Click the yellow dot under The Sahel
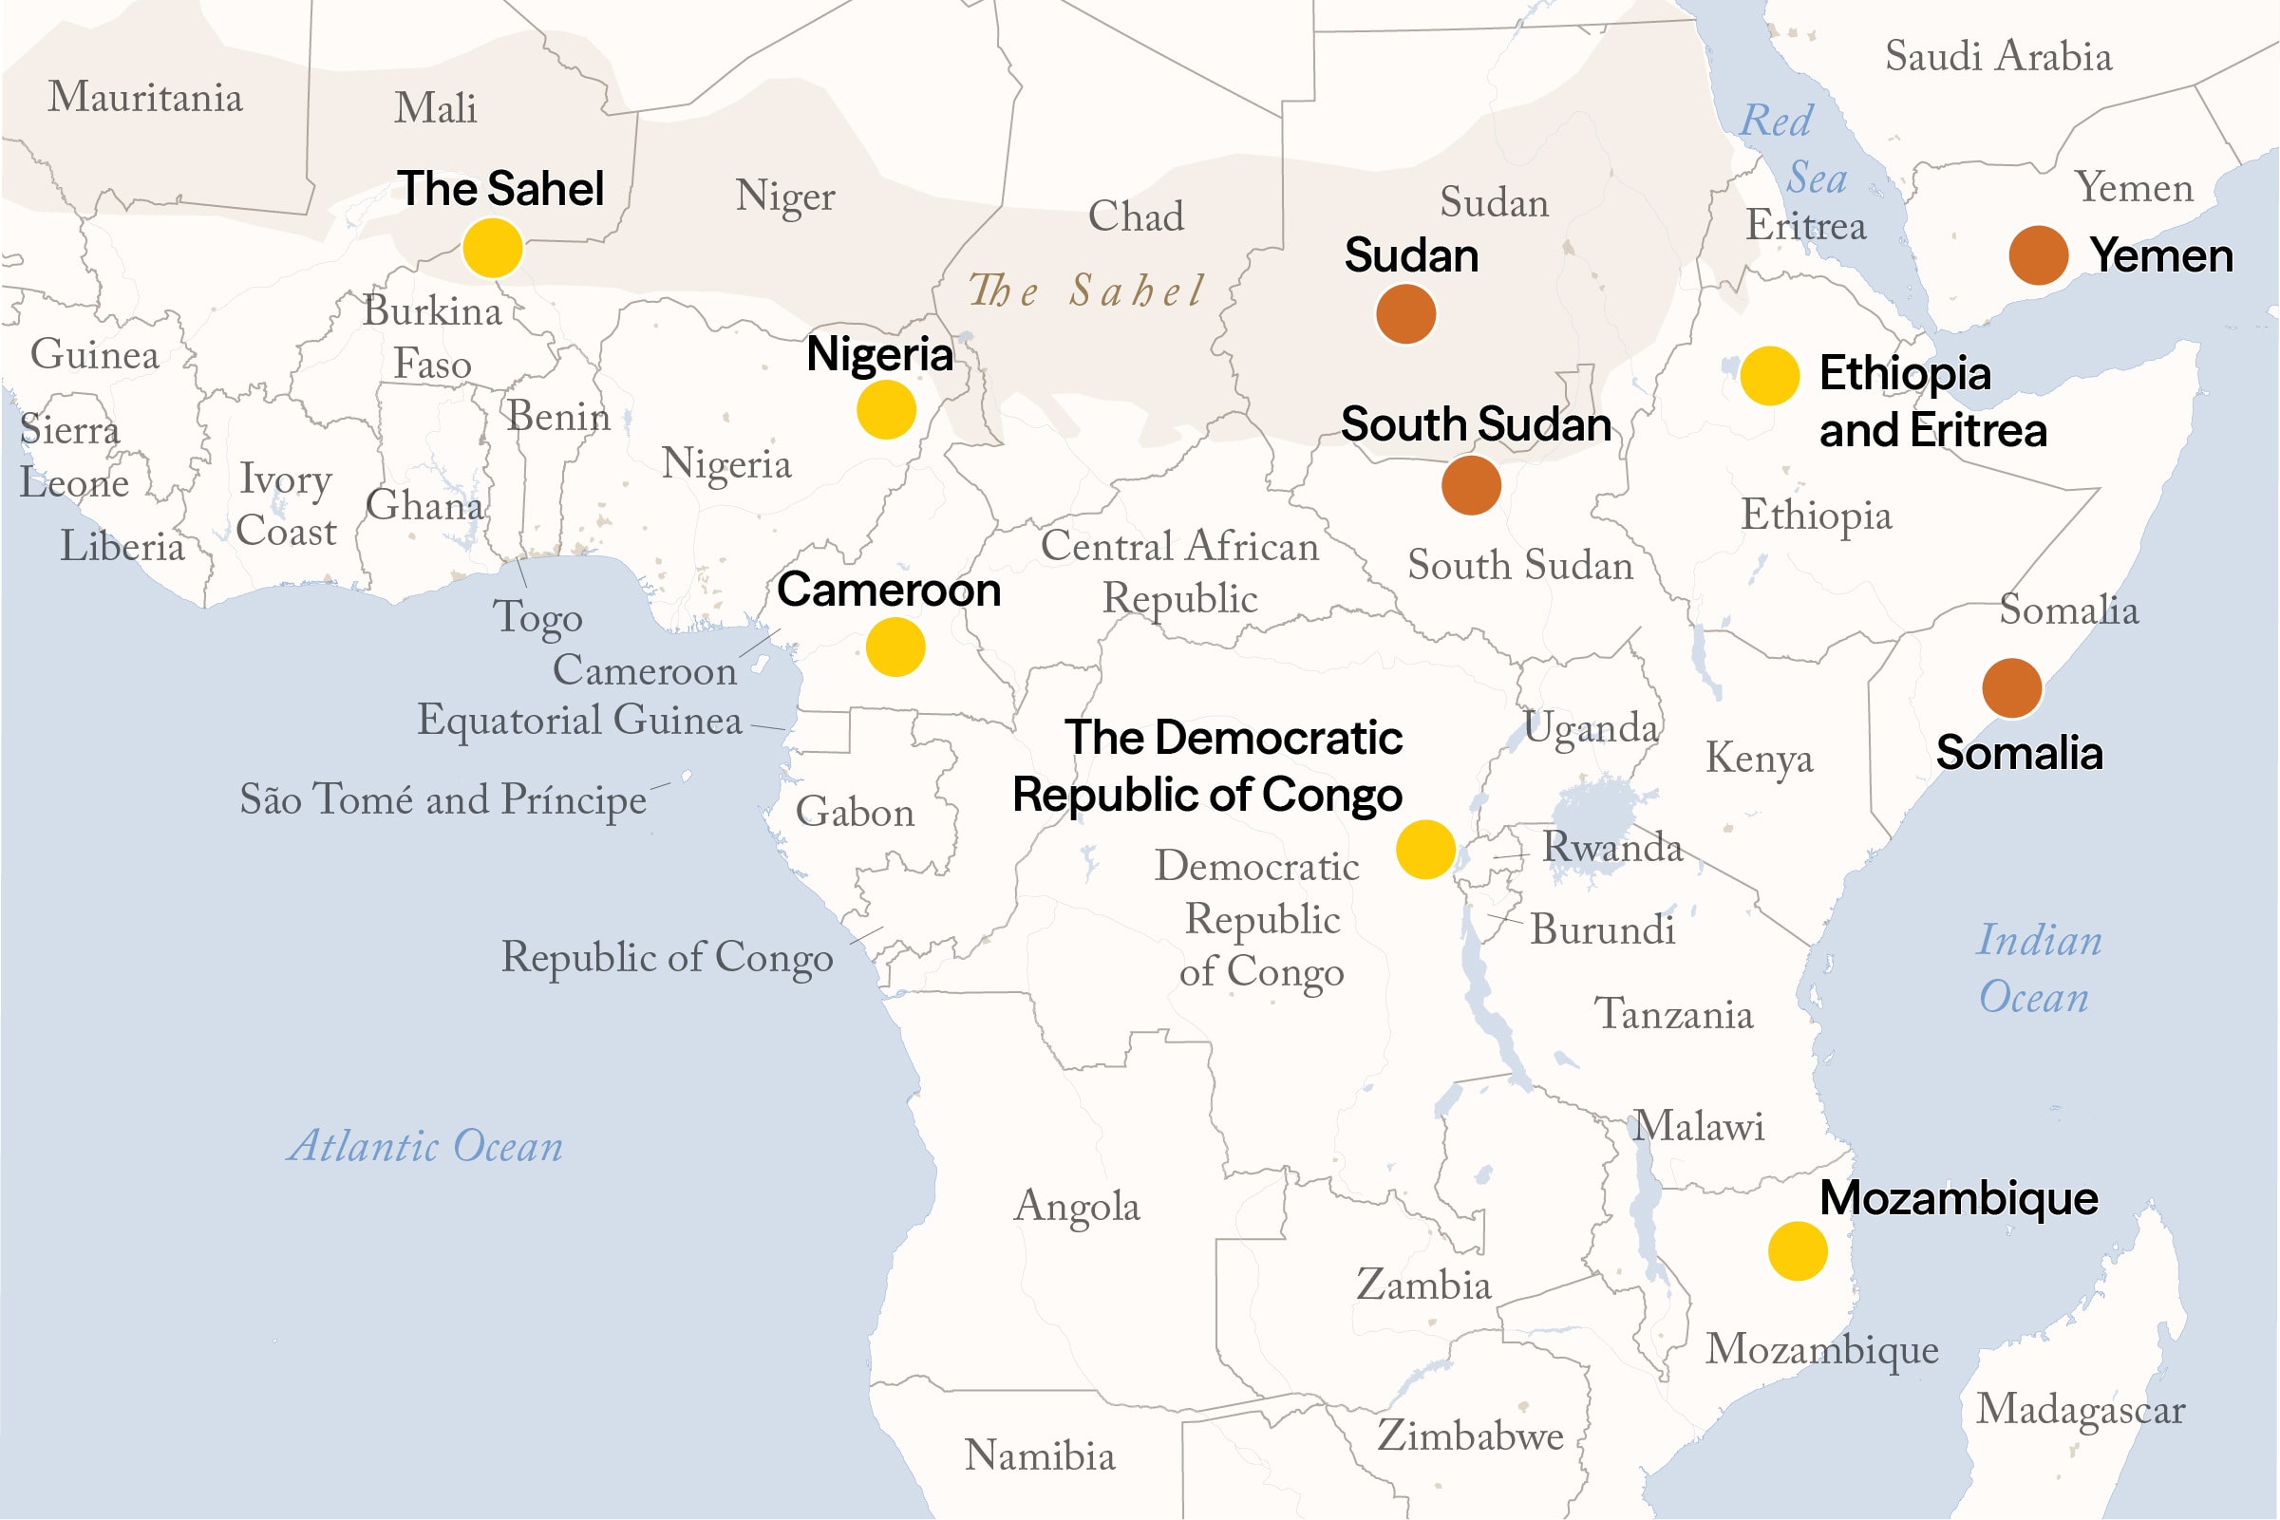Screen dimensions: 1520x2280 click(x=493, y=248)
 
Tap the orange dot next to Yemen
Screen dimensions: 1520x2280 click(x=2038, y=255)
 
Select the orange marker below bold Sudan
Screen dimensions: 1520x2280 click(x=1405, y=314)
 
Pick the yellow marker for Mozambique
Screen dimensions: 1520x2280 click(x=1798, y=1251)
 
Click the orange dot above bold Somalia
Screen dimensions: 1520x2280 click(x=2011, y=688)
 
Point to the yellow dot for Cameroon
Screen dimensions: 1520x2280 click(x=895, y=647)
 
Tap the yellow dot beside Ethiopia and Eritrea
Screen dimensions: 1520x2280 click(x=1769, y=375)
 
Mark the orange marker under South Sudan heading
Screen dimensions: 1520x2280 click(x=1471, y=485)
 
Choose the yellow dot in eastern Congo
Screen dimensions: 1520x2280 click(x=1425, y=849)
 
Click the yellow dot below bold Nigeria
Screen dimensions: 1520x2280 click(x=886, y=409)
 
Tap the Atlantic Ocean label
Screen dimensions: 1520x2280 click(x=425, y=1147)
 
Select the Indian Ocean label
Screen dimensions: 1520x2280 click(x=2038, y=968)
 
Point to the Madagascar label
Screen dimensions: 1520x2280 click(x=2081, y=1410)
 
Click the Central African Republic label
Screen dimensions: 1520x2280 click(x=1178, y=572)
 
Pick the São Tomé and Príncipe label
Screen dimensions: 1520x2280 click(x=443, y=799)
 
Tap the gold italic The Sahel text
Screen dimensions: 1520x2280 click(x=1086, y=290)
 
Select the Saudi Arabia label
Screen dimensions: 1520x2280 click(x=1998, y=56)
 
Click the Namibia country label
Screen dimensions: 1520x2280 click(x=1039, y=1455)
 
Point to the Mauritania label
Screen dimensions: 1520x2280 click(x=145, y=97)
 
